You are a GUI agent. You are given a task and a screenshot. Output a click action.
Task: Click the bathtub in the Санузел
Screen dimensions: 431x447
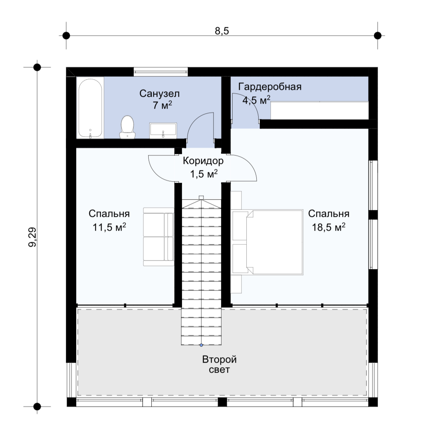(90, 108)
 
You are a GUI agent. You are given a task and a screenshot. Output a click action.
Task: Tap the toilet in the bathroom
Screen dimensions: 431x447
(127, 127)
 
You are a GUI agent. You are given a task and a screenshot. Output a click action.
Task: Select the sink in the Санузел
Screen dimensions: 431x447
(163, 130)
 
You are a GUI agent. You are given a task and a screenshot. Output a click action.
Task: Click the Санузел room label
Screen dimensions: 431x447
(159, 94)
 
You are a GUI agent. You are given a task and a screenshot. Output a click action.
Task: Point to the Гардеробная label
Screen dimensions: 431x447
(270, 86)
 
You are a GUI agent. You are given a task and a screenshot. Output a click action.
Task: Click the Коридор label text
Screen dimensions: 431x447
(203, 161)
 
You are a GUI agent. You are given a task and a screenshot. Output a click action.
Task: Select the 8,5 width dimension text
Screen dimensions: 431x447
(222, 31)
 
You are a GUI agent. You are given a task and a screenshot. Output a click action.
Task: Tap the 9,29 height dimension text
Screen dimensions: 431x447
(32, 237)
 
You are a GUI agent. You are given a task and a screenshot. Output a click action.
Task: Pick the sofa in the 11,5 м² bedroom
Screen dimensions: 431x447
(158, 237)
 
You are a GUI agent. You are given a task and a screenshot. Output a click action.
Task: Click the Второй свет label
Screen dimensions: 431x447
(219, 365)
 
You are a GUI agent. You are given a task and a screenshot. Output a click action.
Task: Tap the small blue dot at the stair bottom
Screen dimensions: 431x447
(201, 345)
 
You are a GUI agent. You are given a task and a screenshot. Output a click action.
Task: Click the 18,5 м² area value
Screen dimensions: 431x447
(328, 227)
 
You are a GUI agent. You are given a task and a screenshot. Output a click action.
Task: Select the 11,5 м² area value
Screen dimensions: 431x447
(109, 227)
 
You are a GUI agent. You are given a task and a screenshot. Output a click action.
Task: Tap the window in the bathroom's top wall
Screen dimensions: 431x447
(161, 71)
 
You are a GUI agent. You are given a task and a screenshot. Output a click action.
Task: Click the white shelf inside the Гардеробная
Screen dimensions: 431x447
(320, 111)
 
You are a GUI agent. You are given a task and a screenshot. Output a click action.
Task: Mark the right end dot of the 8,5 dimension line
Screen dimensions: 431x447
(377, 36)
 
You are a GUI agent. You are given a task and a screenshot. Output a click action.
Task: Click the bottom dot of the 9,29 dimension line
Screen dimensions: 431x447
(37, 406)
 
